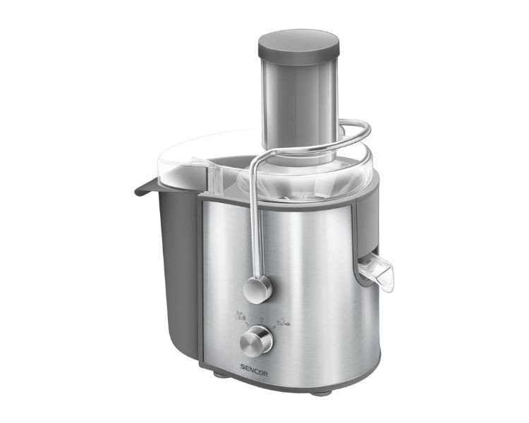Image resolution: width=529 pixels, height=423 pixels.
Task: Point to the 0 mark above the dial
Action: [x=261, y=319]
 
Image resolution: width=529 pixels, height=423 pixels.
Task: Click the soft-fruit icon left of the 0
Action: [x=241, y=316]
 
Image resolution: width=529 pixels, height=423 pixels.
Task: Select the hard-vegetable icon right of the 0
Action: [x=284, y=321]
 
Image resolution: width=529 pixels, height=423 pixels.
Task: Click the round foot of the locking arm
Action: [x=257, y=290]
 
